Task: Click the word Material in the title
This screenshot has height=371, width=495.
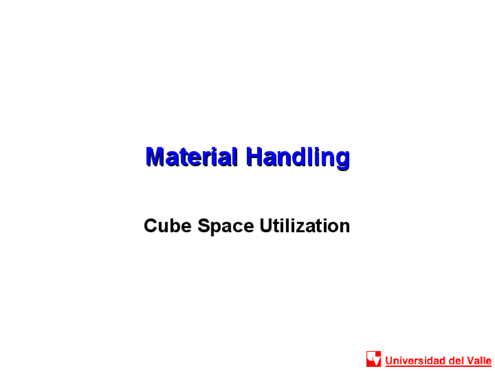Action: pos(191,157)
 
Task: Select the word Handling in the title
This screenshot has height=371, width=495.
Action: pos(298,157)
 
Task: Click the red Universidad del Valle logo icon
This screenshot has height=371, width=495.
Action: pos(374,359)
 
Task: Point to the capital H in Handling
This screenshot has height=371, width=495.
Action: pos(253,157)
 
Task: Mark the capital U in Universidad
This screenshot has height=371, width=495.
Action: pos(389,360)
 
